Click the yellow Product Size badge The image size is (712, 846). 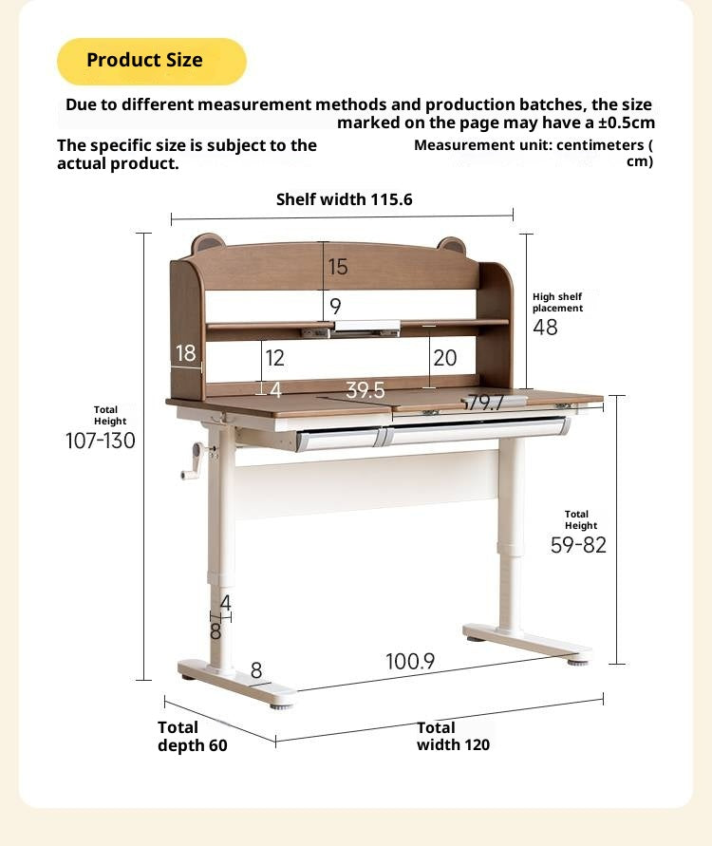[x=151, y=61]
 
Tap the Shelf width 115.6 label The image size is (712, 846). [x=344, y=199]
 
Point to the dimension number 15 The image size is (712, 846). [x=338, y=268]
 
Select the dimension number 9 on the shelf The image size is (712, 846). [x=335, y=307]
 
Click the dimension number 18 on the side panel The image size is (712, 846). [x=185, y=353]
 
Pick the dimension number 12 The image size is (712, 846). [x=275, y=358]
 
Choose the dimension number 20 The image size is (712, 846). [x=444, y=358]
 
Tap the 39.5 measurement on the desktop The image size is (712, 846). [x=365, y=390]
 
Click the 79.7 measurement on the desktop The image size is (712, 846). [x=485, y=403]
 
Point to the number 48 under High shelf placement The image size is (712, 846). [x=545, y=328]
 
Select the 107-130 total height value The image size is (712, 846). [x=101, y=441]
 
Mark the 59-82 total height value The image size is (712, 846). [x=578, y=545]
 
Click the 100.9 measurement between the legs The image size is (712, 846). [x=410, y=662]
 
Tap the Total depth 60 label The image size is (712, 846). [x=192, y=737]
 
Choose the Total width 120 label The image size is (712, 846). [x=453, y=737]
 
